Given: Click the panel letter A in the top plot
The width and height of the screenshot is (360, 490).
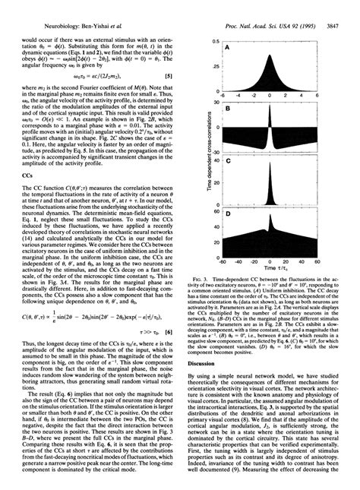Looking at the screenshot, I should coord(227,48).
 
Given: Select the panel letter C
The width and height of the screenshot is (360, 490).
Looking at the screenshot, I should coord(227,163).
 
